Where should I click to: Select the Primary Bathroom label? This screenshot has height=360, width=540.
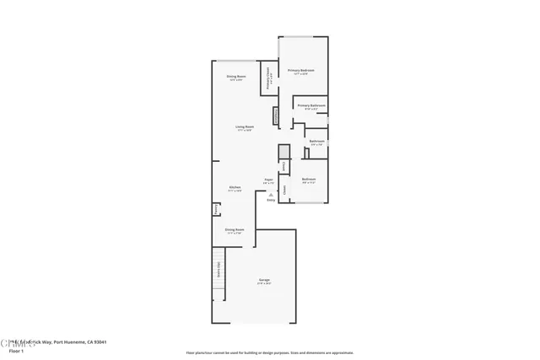pos(311,105)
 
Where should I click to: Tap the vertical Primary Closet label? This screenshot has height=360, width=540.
pos(268,77)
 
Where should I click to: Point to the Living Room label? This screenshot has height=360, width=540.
pos(246,127)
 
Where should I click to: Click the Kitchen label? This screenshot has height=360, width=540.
pos(235,187)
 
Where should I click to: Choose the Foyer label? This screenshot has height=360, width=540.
pos(269,180)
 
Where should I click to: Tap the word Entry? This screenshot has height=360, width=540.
pos(271,200)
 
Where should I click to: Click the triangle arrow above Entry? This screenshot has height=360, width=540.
pos(271,193)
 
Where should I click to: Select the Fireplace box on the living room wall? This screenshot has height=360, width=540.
pos(275,116)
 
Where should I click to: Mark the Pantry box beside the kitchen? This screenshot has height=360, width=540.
pos(216,207)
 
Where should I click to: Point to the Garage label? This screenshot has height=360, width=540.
pos(264,280)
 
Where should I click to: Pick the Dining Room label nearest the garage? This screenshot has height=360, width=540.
pos(235,229)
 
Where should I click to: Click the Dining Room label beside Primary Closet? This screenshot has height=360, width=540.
pos(235,77)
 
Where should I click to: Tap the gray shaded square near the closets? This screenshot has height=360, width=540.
pos(284,151)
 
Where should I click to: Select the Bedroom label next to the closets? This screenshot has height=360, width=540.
pos(310,179)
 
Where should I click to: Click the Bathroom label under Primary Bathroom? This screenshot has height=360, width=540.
pos(316,141)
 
